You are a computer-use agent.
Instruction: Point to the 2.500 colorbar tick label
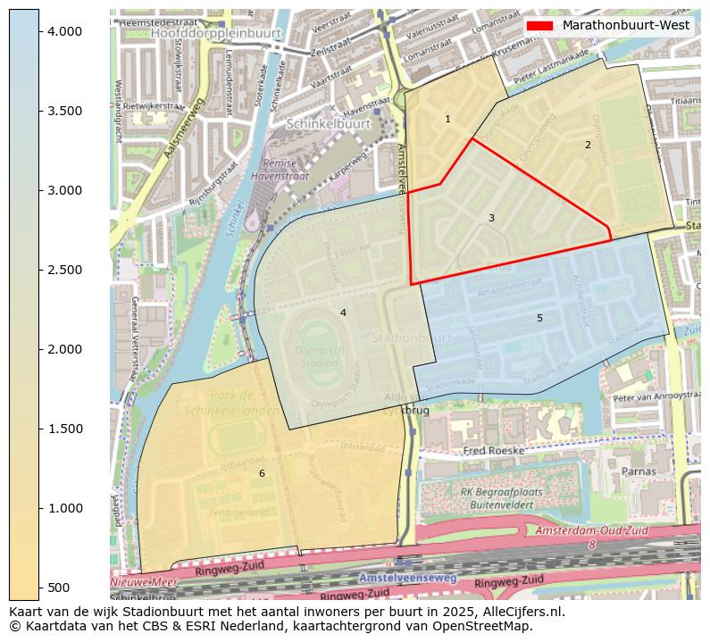64,270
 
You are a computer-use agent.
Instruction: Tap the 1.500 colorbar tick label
64,429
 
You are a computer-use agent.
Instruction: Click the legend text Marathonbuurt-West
626,25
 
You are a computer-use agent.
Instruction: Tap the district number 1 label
447,119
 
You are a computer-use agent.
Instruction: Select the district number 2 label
588,145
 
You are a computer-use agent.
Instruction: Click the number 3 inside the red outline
491,218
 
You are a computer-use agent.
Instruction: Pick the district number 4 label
343,313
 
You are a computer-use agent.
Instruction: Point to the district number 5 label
539,318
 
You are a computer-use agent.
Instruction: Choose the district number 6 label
262,473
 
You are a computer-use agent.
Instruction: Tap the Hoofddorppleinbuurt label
216,32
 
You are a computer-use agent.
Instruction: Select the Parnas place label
639,471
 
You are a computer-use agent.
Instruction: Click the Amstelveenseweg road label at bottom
407,579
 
